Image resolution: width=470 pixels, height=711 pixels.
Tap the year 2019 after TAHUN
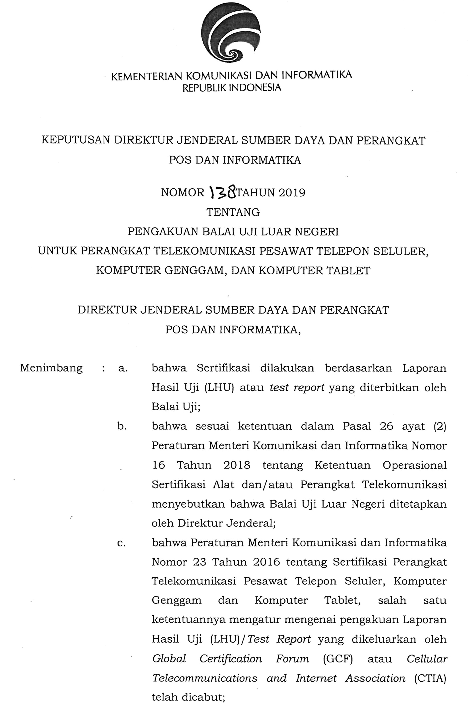[x=292, y=192]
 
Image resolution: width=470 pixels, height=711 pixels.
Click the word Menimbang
[x=51, y=368]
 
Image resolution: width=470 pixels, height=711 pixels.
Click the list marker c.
[x=121, y=543]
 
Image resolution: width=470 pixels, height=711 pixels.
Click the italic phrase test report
[x=297, y=388]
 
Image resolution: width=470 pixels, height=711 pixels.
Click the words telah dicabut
[x=188, y=697]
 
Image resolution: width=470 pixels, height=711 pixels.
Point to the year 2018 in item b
[x=237, y=465]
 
